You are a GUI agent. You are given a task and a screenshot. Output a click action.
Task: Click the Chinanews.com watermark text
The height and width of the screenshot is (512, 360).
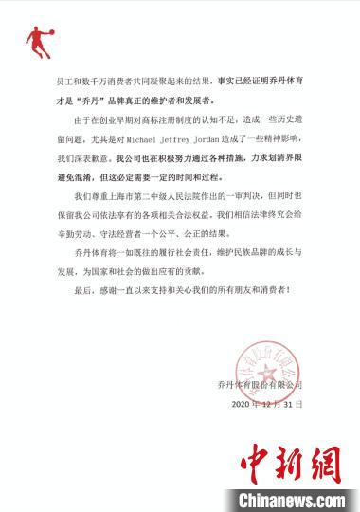(283, 499)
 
